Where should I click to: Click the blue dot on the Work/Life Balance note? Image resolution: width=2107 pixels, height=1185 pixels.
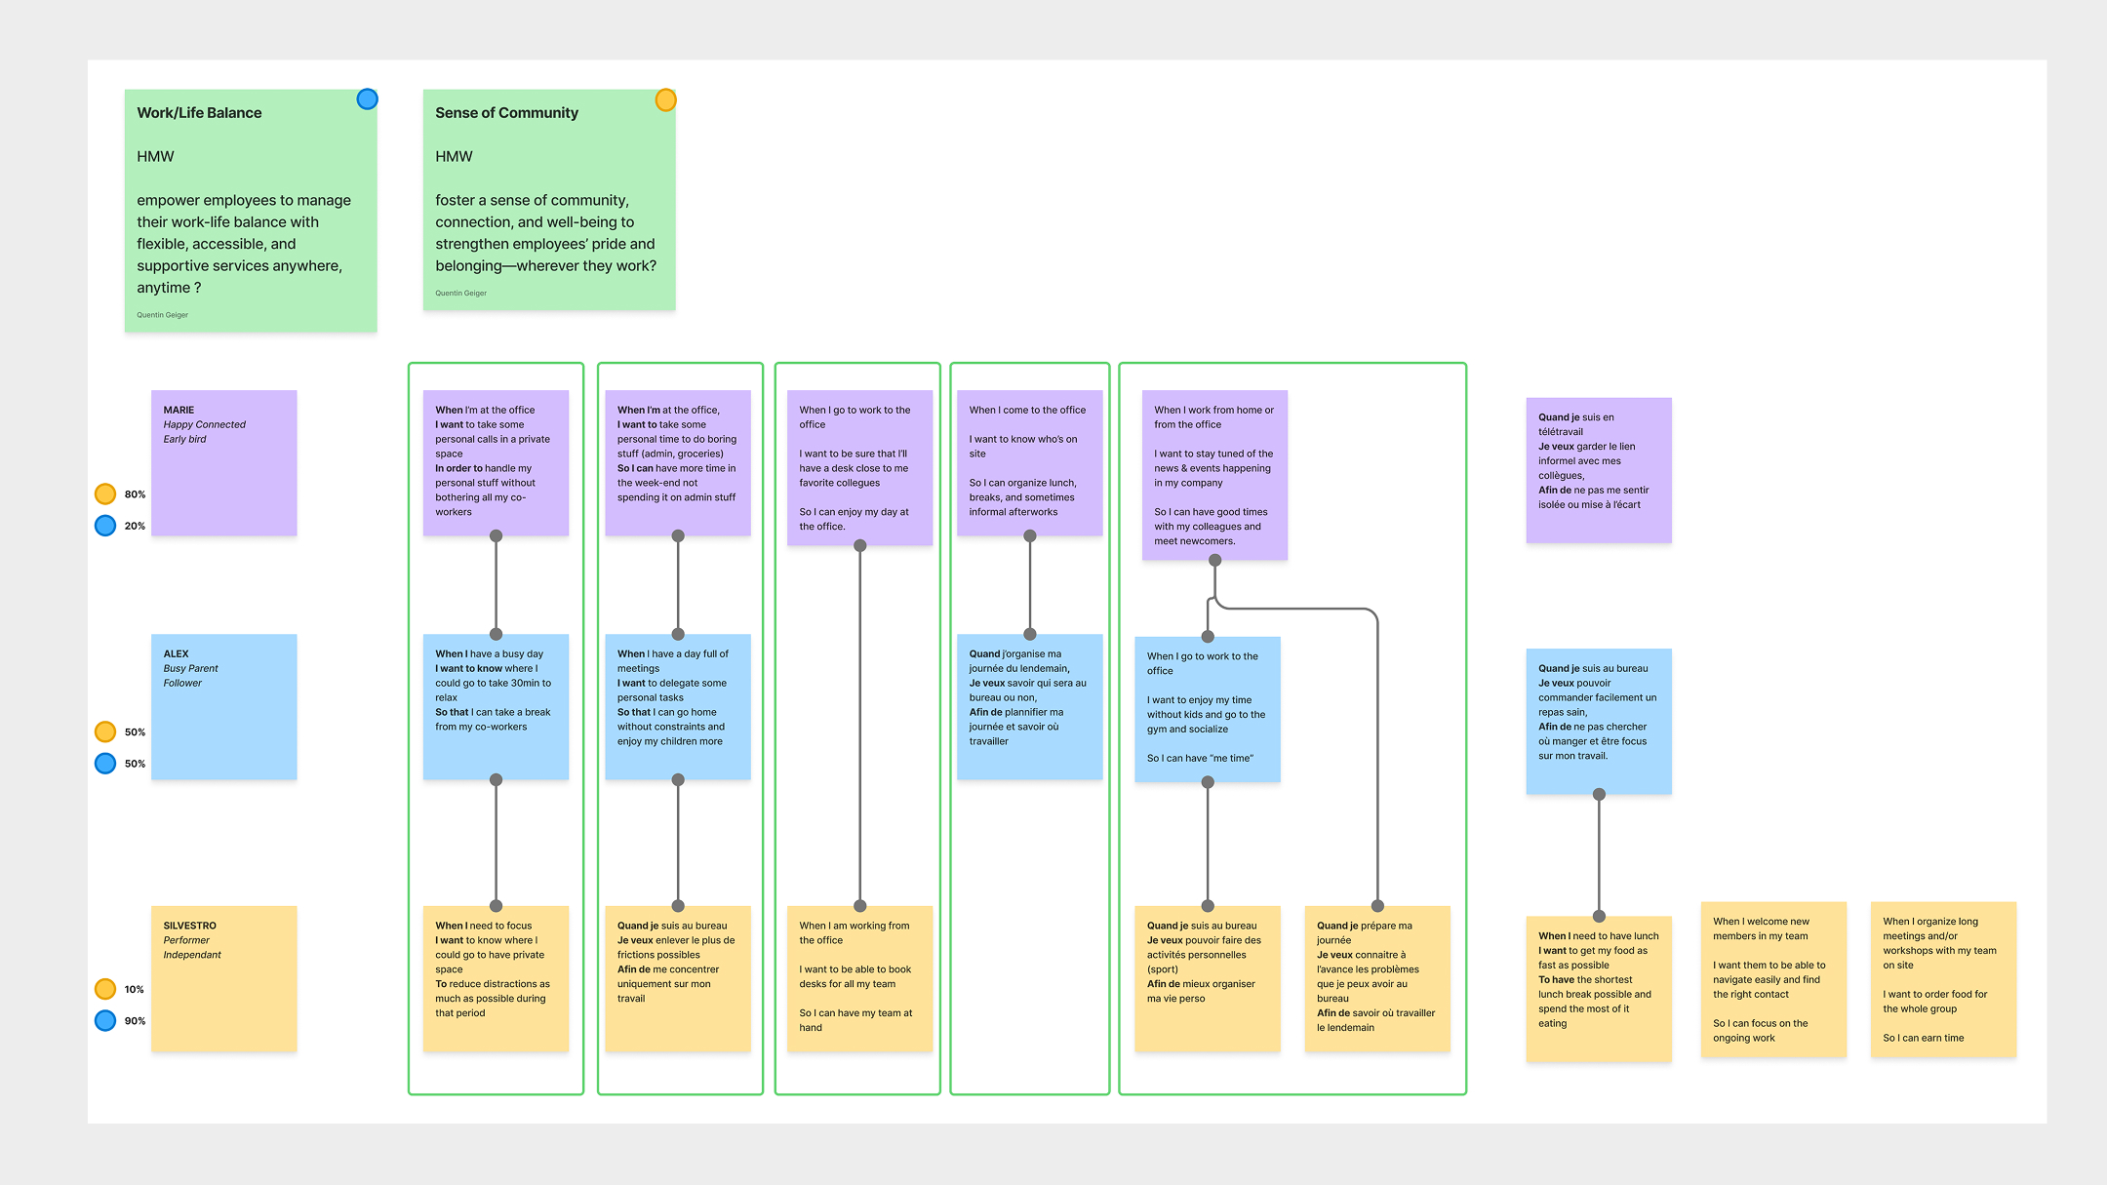pos(367,99)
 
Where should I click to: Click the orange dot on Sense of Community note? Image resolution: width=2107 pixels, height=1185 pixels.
pos(665,99)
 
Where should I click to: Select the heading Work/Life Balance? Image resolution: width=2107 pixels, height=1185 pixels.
pos(199,113)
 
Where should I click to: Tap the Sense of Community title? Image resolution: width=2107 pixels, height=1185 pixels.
pos(506,113)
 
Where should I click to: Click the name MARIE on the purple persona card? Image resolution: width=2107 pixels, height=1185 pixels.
pos(179,410)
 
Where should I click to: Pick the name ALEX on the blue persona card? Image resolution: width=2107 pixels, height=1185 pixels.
pos(176,653)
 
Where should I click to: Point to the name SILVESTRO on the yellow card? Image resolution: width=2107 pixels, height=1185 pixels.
pos(189,926)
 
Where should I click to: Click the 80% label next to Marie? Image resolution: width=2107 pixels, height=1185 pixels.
pos(135,494)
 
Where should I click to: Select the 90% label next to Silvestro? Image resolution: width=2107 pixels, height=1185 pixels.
pos(135,1021)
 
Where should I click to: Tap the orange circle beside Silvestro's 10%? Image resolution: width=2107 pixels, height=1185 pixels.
pos(105,989)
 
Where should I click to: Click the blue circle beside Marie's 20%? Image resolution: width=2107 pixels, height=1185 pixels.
pos(105,526)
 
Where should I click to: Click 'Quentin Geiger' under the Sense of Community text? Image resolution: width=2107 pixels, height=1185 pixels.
pos(460,293)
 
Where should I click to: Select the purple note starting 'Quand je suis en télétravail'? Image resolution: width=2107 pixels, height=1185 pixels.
pos(1599,470)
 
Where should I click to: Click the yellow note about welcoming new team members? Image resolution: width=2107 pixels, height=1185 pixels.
pos(1773,979)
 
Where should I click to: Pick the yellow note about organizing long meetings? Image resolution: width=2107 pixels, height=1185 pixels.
pos(1943,979)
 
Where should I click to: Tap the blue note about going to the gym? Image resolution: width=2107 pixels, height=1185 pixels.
pos(1208,709)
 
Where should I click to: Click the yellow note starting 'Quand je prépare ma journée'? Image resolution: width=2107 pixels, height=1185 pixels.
pos(1377,979)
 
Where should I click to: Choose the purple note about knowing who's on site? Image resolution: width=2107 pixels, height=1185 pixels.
pos(1030,463)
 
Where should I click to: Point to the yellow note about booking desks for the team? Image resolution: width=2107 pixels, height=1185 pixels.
pos(859,979)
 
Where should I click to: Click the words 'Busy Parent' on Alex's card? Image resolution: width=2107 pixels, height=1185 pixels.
pos(190,668)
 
